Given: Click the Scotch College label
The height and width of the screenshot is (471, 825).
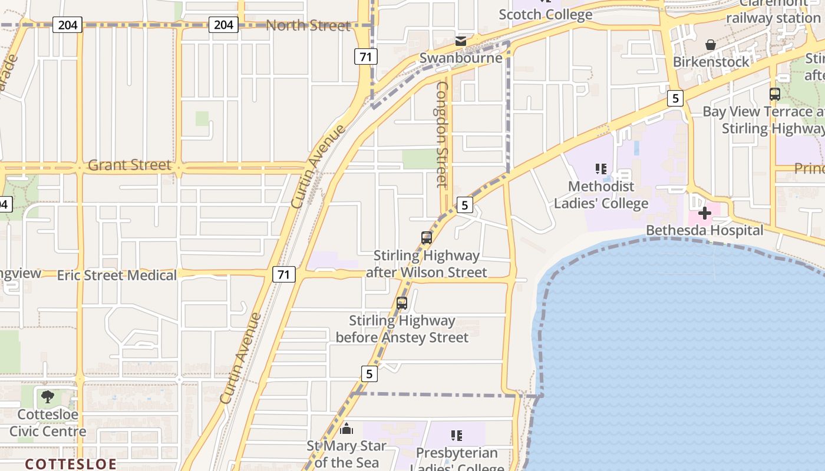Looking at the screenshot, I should click(545, 15).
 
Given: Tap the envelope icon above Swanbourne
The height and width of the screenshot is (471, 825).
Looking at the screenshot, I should click(461, 41).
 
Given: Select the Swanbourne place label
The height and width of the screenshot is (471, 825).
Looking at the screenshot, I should click(461, 58).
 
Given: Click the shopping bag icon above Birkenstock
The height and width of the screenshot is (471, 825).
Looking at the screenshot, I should click(711, 45).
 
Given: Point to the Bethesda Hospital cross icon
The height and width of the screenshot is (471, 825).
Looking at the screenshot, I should click(704, 213).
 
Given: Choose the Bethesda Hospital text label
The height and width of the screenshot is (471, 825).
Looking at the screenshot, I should click(704, 230).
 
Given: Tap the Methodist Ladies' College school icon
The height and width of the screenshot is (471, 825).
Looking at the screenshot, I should click(600, 169).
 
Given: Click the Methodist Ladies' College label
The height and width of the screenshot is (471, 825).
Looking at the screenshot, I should click(601, 195).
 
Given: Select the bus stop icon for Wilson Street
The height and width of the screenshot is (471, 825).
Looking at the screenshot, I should click(427, 238).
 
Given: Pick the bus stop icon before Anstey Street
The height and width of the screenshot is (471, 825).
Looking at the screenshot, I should click(402, 303).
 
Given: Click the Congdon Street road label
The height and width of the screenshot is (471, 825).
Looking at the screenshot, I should click(442, 134).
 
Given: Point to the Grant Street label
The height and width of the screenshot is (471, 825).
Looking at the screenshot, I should click(130, 165).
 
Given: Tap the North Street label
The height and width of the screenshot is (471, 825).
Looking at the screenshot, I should click(308, 25).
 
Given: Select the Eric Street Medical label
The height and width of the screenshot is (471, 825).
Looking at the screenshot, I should click(117, 275).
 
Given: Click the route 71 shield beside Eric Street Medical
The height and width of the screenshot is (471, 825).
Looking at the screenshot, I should click(284, 274).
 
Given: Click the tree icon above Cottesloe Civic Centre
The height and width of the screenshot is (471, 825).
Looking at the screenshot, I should click(48, 397).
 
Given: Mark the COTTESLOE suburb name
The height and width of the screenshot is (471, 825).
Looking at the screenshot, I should click(71, 464).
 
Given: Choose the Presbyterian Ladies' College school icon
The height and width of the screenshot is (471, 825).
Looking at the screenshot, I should click(456, 436).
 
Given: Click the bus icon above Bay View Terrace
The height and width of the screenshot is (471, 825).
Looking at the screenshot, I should click(774, 94).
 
